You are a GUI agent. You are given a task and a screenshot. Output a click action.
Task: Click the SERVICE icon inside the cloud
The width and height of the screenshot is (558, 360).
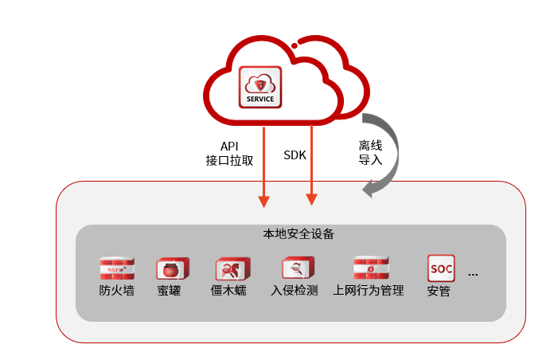click(x=261, y=88)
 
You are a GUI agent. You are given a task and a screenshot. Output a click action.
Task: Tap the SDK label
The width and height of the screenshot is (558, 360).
click(x=295, y=155)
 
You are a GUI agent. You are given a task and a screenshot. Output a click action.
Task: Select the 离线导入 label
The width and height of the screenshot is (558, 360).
click(x=370, y=152)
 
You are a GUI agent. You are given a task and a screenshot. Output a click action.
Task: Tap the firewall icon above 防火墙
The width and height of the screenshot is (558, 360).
click(x=116, y=268)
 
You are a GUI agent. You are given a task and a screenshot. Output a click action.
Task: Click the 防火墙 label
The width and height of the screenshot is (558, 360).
click(x=116, y=290)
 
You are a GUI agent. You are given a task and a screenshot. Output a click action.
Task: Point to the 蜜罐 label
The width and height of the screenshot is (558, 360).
click(x=169, y=290)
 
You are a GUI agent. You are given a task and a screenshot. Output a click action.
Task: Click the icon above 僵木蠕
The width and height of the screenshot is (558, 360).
click(x=232, y=268)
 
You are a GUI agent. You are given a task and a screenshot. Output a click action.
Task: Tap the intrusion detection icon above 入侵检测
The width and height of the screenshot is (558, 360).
click(x=297, y=268)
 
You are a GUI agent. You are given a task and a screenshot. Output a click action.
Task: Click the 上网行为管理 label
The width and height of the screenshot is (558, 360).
click(x=369, y=290)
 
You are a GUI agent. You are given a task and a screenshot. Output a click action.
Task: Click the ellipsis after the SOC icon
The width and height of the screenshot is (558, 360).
click(x=473, y=274)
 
